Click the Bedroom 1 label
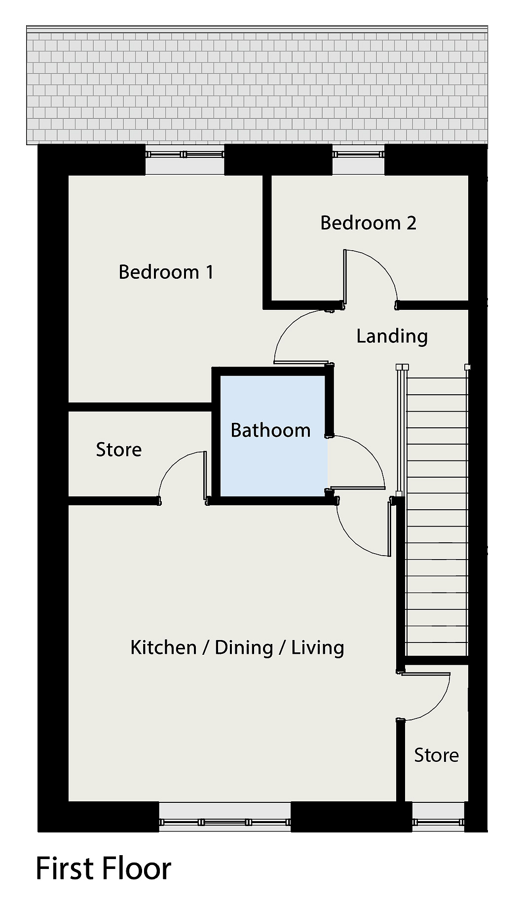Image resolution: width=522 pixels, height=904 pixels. coord(166,272)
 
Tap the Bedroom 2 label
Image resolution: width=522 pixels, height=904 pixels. coord(368,223)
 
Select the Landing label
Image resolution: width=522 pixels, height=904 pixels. coord(392,337)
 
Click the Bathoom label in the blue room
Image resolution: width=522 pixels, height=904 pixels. coord(270,430)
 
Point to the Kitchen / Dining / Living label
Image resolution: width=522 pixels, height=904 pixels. coord(237,647)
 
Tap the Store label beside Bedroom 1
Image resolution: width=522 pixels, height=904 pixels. coord(119,450)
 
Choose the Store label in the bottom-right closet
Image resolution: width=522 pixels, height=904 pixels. coord(437,755)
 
